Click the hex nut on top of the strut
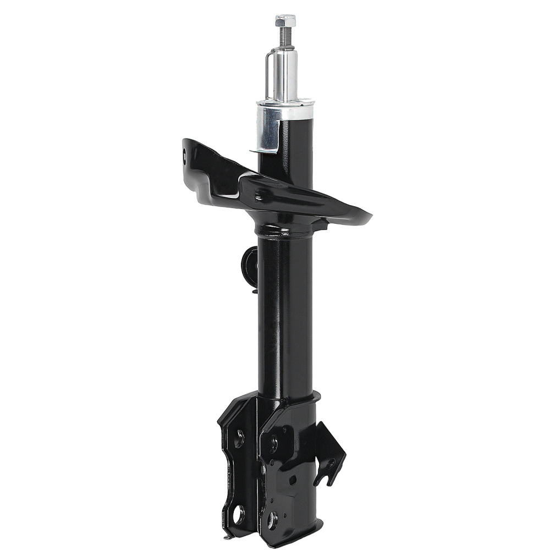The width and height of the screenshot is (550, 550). pos(285,21)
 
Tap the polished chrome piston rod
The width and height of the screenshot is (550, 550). pos(287,74)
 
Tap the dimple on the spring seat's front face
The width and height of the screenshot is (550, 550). pos(258,196)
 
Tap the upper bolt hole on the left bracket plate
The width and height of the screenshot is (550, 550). pos(239,438)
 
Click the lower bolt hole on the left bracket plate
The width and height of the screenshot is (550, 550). pos(239,515)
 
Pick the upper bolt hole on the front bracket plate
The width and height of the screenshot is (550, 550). pos(273,443)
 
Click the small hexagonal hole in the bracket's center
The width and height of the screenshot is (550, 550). pos(292,480)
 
